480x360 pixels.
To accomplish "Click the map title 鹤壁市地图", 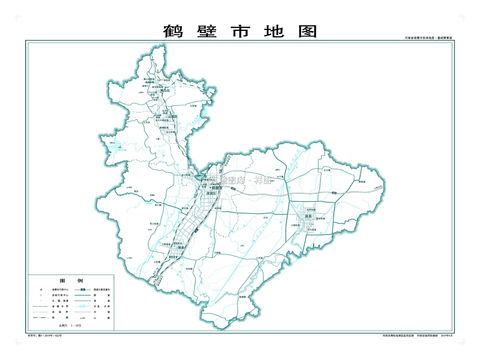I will pyautogui.click(x=240, y=32).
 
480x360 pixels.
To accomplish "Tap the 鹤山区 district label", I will pyautogui.click(x=165, y=91).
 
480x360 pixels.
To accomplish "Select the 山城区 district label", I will pyautogui.click(x=173, y=116).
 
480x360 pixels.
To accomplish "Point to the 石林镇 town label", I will pyautogui.click(x=193, y=106).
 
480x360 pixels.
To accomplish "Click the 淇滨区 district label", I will pyautogui.click(x=211, y=193).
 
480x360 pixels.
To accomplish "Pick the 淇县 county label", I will pyautogui.click(x=181, y=248).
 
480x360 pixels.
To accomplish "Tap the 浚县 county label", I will pyautogui.click(x=308, y=216).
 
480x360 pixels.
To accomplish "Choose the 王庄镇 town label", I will pyautogui.click(x=327, y=170).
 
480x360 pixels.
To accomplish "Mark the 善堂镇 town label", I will pyautogui.click(x=362, y=182).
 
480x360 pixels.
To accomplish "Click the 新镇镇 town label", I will pyautogui.click(x=243, y=297).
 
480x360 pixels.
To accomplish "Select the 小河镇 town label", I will pyautogui.click(x=259, y=258).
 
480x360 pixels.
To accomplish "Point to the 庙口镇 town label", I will pyautogui.click(x=158, y=205).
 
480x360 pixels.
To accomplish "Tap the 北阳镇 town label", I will pyautogui.click(x=157, y=262).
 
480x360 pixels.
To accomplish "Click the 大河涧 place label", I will pyautogui.click(x=147, y=123).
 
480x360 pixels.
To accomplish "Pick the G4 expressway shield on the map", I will pyautogui.click(x=196, y=230).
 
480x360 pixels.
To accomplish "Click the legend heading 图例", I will pyautogui.click(x=71, y=281).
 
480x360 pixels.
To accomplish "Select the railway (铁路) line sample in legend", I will pyautogui.click(x=41, y=318).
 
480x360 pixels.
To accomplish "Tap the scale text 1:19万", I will pyautogui.click(x=76, y=325).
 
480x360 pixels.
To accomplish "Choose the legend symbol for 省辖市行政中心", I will pyautogui.click(x=41, y=290).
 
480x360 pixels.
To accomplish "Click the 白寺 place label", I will pyautogui.click(x=266, y=218).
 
